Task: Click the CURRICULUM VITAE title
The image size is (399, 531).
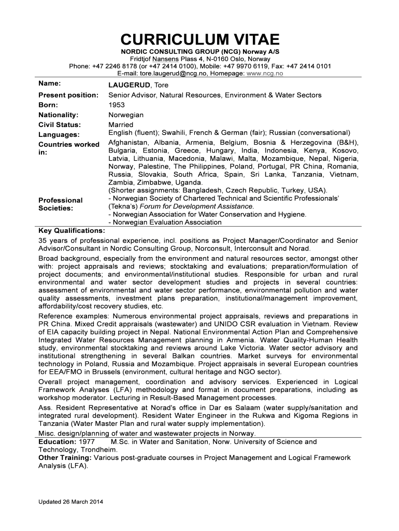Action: pyautogui.click(x=199, y=39)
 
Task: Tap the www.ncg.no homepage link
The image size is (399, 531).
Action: pyautogui.click(x=266, y=74)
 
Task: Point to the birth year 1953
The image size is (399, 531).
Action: pyautogui.click(x=117, y=105)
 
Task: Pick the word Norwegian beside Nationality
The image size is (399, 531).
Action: pyautogui.click(x=126, y=115)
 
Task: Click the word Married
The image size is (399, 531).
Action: pyautogui.click(x=121, y=125)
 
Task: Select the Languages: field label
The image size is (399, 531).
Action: pyautogui.click(x=59, y=135)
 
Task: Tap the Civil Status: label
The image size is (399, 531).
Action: pyautogui.click(x=60, y=125)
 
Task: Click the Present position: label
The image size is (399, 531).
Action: pyautogui.click(x=69, y=95)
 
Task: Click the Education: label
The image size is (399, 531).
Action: pyautogui.click(x=58, y=442)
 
